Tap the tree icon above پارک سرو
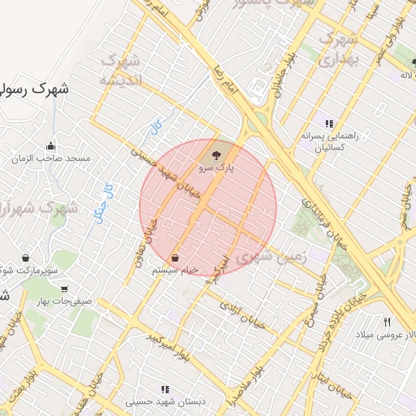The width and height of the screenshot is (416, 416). click(215, 153)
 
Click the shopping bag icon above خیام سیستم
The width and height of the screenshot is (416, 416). click(175, 257)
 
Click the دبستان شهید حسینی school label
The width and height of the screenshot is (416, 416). click(165, 402)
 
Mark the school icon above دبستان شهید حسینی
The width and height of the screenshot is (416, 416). click(166, 389)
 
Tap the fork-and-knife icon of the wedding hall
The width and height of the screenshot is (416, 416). click(388, 322)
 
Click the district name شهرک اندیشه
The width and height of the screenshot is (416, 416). click(121, 71)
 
